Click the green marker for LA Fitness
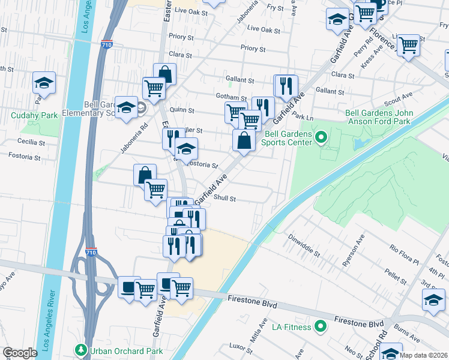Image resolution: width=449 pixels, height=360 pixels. tap(321, 327)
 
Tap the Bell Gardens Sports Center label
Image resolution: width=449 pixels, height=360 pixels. tap(288, 138)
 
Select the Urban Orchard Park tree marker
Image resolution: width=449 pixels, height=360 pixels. tap(80, 349)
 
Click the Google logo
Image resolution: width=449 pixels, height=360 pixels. tap(20, 352)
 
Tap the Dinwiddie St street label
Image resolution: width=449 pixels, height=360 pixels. tap(305, 244)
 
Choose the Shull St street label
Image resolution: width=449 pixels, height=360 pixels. tap(224, 199)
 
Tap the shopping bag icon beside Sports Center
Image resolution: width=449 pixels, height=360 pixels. tap(244, 141)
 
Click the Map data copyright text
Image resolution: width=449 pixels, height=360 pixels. tap(423, 355)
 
